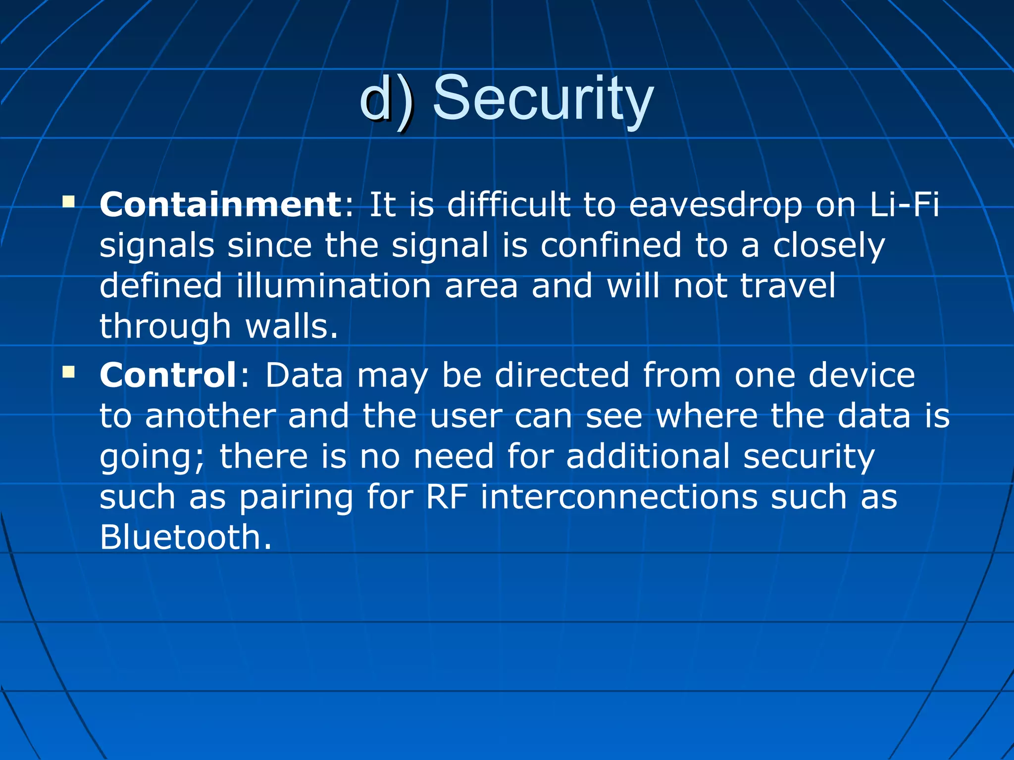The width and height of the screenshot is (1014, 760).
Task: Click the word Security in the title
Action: [x=543, y=97]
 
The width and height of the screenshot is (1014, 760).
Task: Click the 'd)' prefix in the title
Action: [x=386, y=98]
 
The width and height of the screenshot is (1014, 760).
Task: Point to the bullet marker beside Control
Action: [x=68, y=372]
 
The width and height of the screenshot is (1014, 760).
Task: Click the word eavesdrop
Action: [x=715, y=205]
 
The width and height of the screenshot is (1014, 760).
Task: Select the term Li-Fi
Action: [x=904, y=204]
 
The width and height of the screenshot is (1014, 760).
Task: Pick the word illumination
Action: [x=334, y=286]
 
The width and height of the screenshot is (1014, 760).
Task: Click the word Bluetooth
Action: [x=186, y=537]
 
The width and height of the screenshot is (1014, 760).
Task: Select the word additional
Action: [x=648, y=456]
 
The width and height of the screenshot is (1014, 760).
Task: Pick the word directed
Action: [x=562, y=375]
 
